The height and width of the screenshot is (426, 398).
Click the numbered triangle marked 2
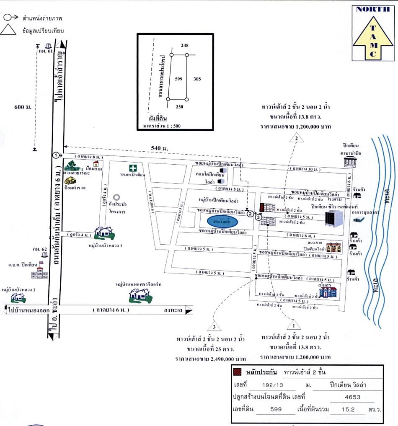coord(296,138)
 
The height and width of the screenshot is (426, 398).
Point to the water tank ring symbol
coord(116,196)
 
